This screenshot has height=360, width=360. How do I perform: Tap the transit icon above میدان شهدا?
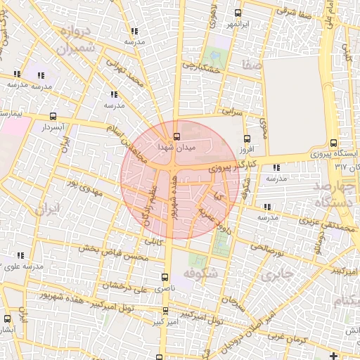point(176,136)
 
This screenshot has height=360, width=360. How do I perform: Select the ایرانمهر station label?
point(238,25)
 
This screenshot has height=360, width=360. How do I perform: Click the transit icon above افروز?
point(246,139)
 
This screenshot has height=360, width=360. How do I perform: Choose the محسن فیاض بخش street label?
point(113,253)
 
